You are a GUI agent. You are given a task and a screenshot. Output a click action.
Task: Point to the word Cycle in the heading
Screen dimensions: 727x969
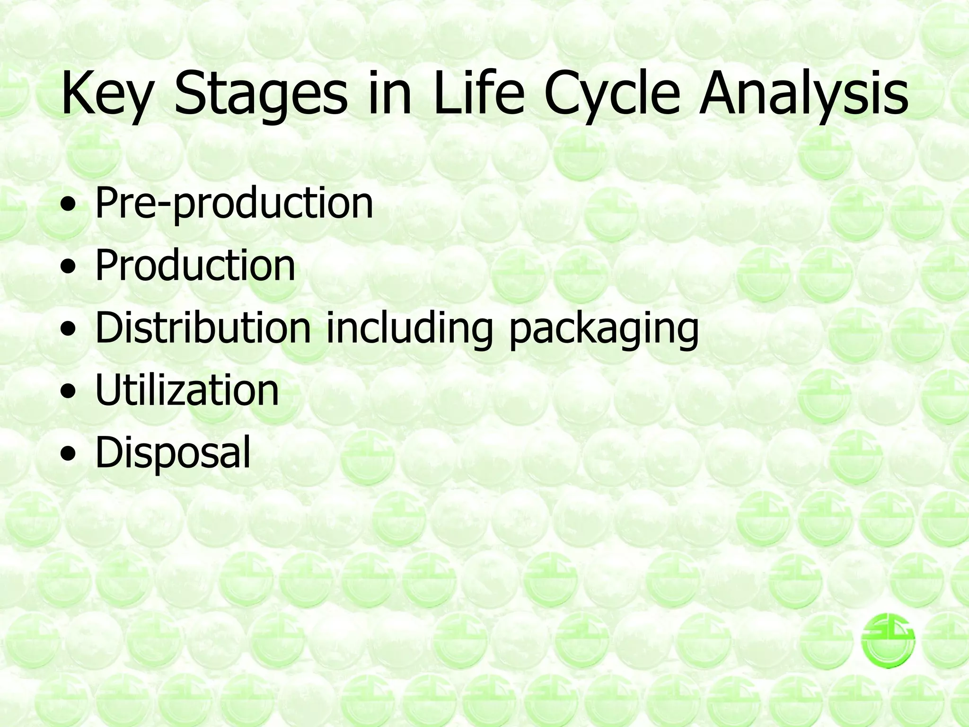[x=614, y=95]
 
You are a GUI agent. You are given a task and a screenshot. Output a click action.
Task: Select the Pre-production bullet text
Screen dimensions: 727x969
[x=234, y=204]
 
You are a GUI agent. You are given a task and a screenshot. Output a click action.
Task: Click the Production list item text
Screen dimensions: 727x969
[x=195, y=266]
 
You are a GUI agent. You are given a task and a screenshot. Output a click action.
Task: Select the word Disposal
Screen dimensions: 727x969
[x=173, y=453]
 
